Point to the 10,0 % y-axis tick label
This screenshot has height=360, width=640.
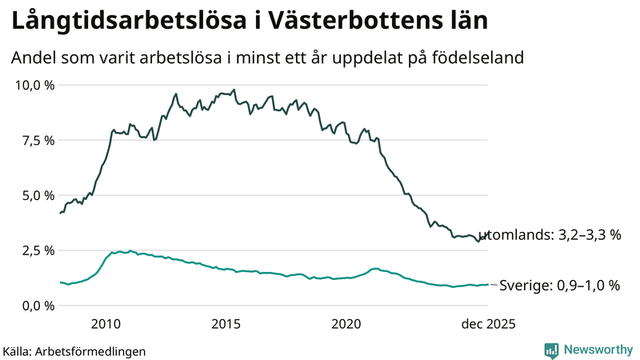click(x=34, y=85)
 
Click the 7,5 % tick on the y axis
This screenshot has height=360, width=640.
click(x=38, y=140)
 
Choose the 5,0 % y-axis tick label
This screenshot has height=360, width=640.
click(x=38, y=195)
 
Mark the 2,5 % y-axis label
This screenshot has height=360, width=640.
click(x=38, y=250)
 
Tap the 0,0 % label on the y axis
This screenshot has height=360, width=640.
click(x=38, y=306)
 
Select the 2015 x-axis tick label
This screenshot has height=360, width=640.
click(x=226, y=324)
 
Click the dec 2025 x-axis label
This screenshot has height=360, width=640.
click(x=487, y=324)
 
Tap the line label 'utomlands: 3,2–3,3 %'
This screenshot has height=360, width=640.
click(x=555, y=235)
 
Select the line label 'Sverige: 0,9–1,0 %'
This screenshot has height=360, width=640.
click(x=559, y=285)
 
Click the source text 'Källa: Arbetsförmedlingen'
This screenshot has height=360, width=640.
click(x=74, y=351)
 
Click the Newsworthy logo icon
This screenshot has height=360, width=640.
click(x=551, y=350)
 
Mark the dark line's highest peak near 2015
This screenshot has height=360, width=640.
click(x=234, y=90)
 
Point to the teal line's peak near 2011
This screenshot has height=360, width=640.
click(x=131, y=250)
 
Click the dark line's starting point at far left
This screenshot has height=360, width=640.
click(x=61, y=213)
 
